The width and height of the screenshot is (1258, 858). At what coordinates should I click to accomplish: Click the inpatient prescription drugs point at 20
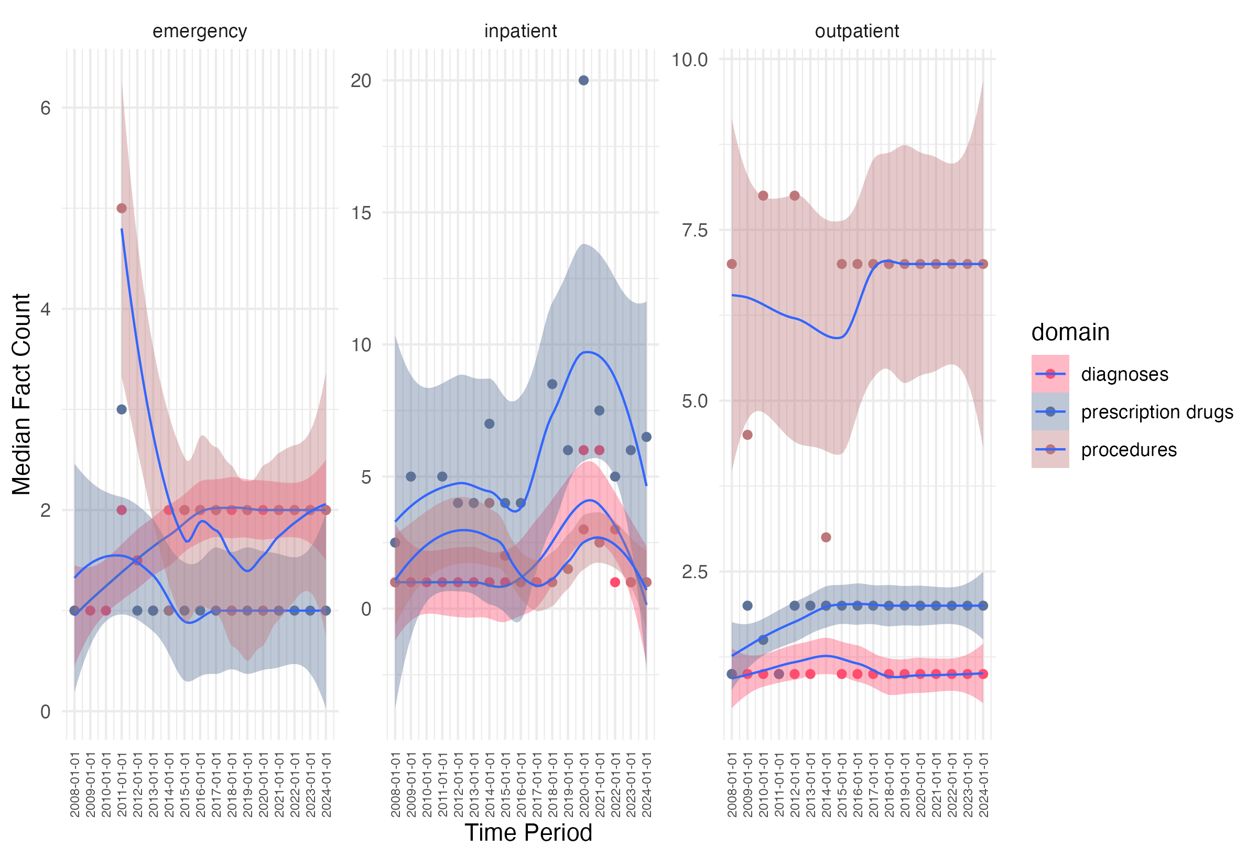[x=583, y=81]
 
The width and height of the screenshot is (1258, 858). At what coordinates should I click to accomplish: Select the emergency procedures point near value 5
[x=122, y=209]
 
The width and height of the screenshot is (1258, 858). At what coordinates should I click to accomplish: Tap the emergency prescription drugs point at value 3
[x=122, y=409]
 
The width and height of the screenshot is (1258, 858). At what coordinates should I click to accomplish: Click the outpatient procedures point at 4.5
[x=747, y=435]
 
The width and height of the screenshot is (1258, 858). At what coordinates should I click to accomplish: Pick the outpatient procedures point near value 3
[x=826, y=538]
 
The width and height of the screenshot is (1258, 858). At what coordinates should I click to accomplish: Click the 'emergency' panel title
[x=200, y=31]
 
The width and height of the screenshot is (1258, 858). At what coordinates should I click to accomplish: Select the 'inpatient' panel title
[x=520, y=31]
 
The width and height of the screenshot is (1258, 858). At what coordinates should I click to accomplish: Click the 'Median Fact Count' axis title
[x=21, y=394]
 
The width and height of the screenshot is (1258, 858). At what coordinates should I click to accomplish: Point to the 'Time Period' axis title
[x=528, y=832]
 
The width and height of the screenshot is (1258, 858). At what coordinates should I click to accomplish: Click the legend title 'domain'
[x=1070, y=332]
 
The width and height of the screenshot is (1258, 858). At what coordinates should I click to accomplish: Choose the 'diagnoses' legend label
[x=1124, y=374]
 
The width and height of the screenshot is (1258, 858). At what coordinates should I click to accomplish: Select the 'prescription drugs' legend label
[x=1157, y=412]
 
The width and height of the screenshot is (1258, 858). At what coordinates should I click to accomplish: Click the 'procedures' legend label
[x=1129, y=450]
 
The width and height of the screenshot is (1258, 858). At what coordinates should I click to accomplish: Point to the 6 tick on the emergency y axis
[x=46, y=108]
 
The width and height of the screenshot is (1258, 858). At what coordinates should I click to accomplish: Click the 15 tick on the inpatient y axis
[x=361, y=213]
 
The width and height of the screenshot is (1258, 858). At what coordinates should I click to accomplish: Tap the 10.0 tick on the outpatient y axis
[x=690, y=60]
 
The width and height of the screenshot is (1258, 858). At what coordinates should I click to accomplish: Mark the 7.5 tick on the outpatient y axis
[x=695, y=230]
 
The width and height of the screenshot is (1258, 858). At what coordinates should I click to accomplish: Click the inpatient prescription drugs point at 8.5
[x=552, y=384]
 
